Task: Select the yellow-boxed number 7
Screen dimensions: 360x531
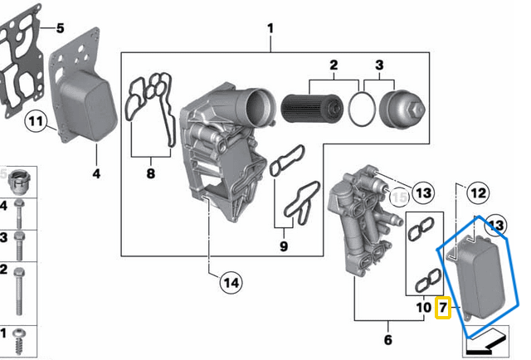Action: [x=443, y=308]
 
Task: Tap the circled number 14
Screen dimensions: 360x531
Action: [x=231, y=283]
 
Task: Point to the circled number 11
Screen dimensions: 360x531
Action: [x=34, y=122]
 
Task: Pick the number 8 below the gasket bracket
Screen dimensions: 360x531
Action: [x=150, y=173]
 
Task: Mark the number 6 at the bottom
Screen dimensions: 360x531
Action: [x=387, y=340]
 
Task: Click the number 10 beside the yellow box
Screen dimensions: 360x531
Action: [x=422, y=308]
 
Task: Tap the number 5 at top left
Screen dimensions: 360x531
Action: [x=59, y=29]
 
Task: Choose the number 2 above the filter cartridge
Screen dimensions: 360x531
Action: [x=334, y=65]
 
